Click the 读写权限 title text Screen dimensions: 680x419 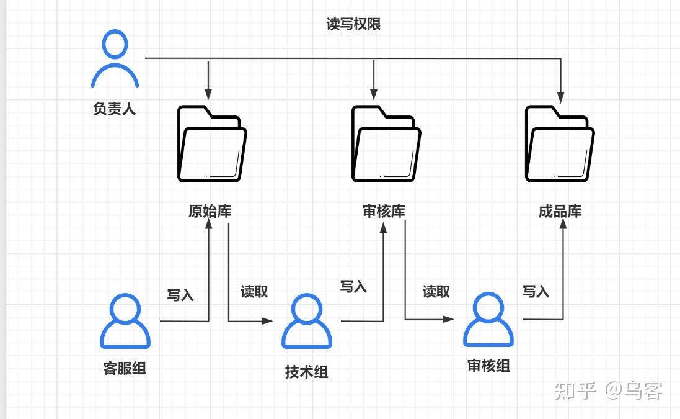click(x=353, y=24)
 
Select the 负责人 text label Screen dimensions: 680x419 click(x=115, y=108)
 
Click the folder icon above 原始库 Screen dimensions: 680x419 click(x=212, y=144)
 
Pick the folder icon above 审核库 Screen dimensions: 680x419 click(x=386, y=144)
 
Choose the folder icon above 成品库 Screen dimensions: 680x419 click(x=560, y=144)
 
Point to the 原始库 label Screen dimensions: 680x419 click(x=210, y=212)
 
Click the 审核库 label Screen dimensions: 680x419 click(x=384, y=212)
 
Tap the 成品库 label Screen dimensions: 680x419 click(x=560, y=212)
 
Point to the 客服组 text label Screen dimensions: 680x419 click(x=125, y=368)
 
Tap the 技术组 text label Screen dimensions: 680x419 click(x=307, y=372)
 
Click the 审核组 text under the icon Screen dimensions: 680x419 click(x=488, y=366)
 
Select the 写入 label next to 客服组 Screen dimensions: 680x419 click(x=180, y=295)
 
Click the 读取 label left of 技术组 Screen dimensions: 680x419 click(x=254, y=291)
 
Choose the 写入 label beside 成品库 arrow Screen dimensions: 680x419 click(x=536, y=291)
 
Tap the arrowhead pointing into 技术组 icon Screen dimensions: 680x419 click(x=267, y=322)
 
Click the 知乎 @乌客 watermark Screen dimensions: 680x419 click(x=608, y=390)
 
